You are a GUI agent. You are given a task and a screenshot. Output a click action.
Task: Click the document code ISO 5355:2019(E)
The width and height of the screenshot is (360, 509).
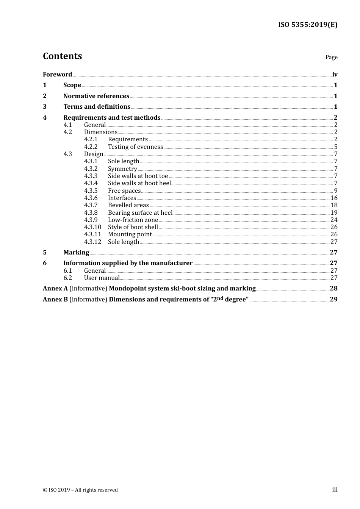point(307,25)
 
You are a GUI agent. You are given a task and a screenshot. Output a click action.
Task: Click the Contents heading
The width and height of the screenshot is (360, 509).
point(62,56)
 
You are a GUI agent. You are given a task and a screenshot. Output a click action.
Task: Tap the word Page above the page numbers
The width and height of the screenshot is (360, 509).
point(331,57)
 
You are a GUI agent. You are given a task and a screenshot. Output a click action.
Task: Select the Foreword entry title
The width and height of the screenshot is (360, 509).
point(57,75)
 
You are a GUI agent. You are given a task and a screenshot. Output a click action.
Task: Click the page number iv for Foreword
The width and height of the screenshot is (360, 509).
point(335,75)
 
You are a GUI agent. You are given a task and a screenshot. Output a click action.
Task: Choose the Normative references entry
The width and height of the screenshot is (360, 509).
point(96,96)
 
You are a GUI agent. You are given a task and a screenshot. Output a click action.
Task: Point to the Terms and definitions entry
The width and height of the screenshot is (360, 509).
point(97,107)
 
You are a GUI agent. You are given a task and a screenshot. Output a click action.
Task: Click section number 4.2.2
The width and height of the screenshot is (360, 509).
point(91,147)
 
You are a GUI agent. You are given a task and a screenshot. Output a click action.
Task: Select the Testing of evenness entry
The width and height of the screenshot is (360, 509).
point(135,147)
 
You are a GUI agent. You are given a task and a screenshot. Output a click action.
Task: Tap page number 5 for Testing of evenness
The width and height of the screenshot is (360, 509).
point(335,147)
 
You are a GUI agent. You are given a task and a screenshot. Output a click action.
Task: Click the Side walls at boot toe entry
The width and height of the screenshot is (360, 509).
point(138,176)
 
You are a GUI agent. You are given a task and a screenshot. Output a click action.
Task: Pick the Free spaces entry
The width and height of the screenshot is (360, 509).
point(124,191)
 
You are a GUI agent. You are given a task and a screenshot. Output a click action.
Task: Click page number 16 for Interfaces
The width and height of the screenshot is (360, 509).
point(334,198)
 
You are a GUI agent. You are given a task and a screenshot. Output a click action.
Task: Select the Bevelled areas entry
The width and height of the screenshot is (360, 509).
point(128,205)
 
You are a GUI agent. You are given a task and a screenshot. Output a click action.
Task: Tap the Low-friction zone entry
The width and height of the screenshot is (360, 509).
point(133,220)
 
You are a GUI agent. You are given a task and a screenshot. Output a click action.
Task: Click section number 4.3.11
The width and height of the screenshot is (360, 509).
point(92,234)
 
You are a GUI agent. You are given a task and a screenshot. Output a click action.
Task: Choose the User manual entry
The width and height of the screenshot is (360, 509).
point(102,278)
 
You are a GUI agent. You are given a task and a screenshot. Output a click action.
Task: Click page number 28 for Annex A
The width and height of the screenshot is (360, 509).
point(333,289)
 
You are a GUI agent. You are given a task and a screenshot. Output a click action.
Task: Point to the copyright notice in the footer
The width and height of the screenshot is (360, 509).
point(80,490)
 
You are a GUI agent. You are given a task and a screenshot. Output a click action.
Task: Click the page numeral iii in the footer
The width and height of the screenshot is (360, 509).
point(335,490)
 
